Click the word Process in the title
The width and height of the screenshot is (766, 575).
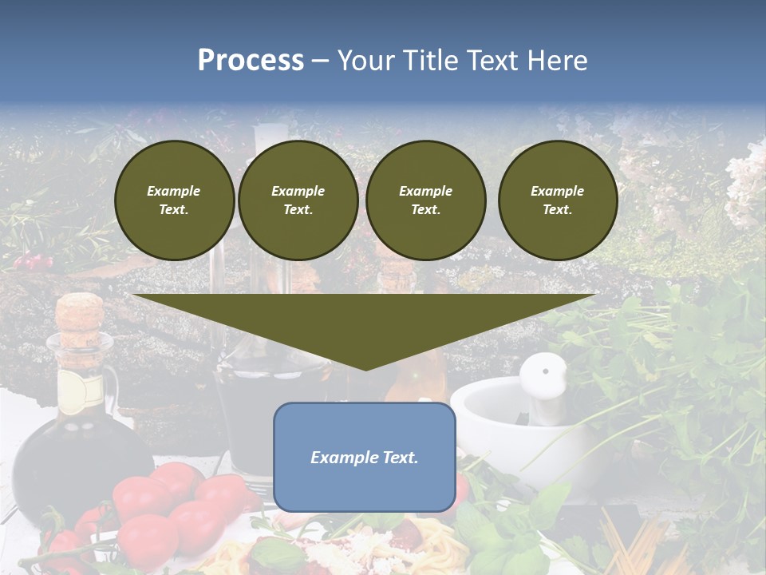click(251, 61)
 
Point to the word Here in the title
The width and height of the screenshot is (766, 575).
click(557, 61)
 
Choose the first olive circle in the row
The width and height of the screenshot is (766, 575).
click(174, 200)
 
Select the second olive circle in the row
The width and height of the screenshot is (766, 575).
click(298, 200)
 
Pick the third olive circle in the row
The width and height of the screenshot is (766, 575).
click(425, 200)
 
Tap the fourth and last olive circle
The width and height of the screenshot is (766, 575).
click(557, 200)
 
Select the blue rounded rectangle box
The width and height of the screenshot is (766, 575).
click(364, 457)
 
